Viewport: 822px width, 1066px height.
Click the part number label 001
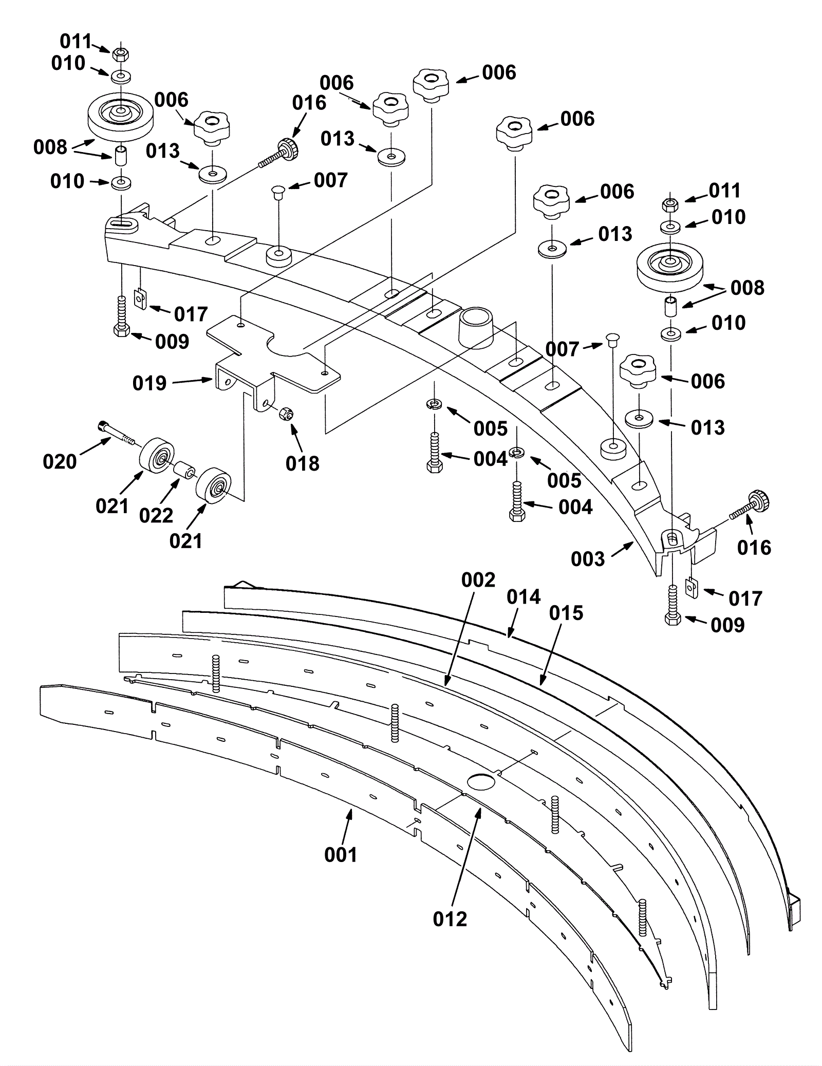coord(341,855)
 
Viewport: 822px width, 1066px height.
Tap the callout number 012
coord(450,919)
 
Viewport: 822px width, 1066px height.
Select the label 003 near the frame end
coord(588,559)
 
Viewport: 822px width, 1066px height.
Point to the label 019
coord(150,383)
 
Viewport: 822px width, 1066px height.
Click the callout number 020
coord(60,462)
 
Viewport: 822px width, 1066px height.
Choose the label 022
coord(156,515)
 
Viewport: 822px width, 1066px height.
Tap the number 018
coord(303,463)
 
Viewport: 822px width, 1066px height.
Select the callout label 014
coord(524,597)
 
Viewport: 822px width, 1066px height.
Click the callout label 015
coord(566,613)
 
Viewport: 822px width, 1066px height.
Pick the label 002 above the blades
coord(478,580)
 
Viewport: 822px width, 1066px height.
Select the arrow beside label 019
coord(193,381)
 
